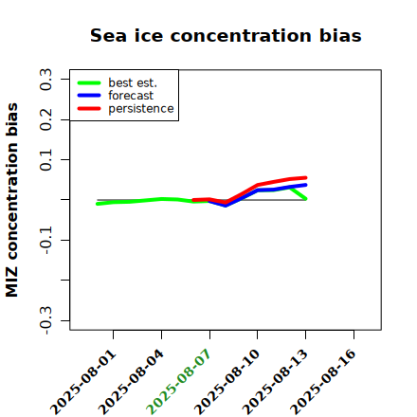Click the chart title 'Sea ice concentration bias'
pyautogui.click(x=226, y=35)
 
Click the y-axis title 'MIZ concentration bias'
pyautogui.click(x=11, y=200)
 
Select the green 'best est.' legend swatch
pyautogui.click(x=89, y=83)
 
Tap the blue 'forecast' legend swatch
pyautogui.click(x=89, y=96)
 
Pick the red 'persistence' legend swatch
pyautogui.click(x=89, y=109)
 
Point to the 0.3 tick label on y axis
pyautogui.click(x=45, y=80)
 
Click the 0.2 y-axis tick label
pyautogui.click(x=45, y=119)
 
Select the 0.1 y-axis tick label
pyautogui.click(x=45, y=160)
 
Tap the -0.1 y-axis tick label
pyautogui.click(x=45, y=240)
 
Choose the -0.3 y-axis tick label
pyautogui.click(x=45, y=320)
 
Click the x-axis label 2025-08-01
pyautogui.click(x=83, y=382)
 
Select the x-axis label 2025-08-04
pyautogui.click(x=132, y=382)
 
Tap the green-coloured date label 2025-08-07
pyautogui.click(x=179, y=382)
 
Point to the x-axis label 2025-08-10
pyautogui.click(x=227, y=382)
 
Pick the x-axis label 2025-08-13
pyautogui.click(x=276, y=382)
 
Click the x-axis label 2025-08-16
pyautogui.click(x=323, y=382)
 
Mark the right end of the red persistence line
pyautogui.click(x=305, y=178)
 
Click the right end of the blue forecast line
pyautogui.click(x=305, y=185)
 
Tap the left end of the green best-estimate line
pyautogui.click(x=98, y=204)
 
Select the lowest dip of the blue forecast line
pyautogui.click(x=226, y=206)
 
